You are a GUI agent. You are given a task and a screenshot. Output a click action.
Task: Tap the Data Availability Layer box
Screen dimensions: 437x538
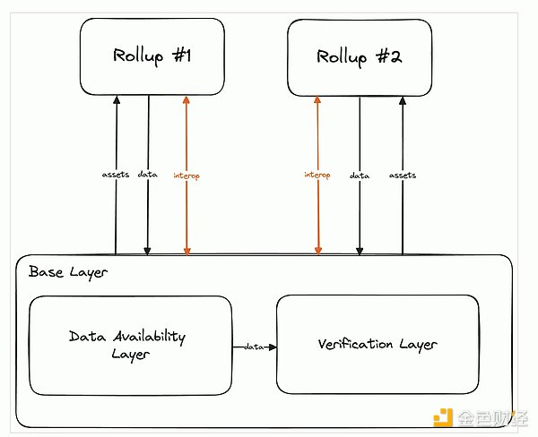[130, 345]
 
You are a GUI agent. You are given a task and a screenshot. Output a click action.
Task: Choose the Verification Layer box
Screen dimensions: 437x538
[377, 345]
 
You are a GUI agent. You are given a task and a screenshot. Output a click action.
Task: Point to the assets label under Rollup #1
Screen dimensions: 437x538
[116, 176]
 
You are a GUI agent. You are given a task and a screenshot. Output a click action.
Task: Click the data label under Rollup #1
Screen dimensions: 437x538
[148, 176]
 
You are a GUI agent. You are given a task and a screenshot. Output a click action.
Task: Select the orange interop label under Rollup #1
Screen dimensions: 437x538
[187, 176]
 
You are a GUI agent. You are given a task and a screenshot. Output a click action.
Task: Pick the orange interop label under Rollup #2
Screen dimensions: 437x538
[317, 176]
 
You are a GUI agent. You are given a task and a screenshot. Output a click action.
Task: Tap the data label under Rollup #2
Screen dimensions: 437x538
[360, 176]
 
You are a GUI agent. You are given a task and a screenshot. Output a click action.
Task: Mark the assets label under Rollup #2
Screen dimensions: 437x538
[403, 176]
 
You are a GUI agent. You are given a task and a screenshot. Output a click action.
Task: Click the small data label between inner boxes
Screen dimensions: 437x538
[253, 346]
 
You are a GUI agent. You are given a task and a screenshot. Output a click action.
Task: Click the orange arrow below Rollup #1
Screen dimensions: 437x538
[187, 215]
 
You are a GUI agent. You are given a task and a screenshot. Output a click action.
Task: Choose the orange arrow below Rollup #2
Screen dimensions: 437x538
[317, 215]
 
